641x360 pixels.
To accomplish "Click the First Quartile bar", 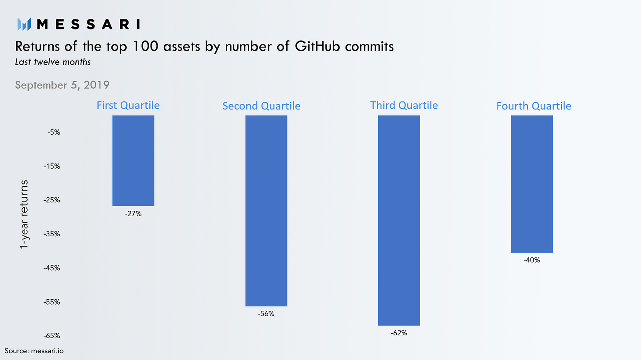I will (x=133, y=161).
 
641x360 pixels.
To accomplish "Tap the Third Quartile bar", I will (x=399, y=220).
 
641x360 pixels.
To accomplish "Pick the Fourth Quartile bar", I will (x=532, y=184).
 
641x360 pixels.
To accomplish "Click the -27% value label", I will (x=133, y=214).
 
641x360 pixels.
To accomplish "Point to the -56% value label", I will (x=266, y=314).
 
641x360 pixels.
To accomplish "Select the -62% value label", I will (x=399, y=333).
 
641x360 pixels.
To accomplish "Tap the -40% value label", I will (x=532, y=260).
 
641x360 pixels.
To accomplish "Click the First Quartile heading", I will (x=128, y=105).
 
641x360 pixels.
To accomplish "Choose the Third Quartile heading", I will (x=404, y=105).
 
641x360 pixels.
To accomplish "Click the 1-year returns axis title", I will (x=25, y=214).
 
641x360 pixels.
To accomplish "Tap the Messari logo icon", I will (x=23, y=24).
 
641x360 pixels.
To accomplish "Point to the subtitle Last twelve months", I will (x=53, y=62).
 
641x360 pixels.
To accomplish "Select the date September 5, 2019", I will (x=62, y=84).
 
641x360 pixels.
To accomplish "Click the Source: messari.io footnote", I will (x=31, y=351).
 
